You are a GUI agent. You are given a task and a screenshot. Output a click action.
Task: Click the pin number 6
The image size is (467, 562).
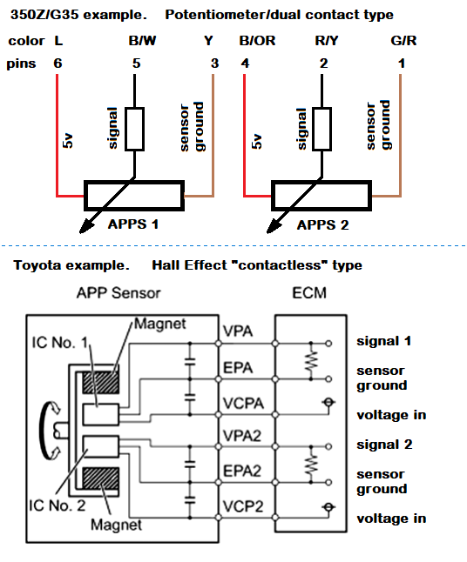pyautogui.click(x=58, y=64)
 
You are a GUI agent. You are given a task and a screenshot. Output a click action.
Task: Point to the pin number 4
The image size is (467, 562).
pyautogui.click(x=246, y=64)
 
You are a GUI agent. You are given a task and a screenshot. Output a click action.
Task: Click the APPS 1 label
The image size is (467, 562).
pyautogui.click(x=133, y=224)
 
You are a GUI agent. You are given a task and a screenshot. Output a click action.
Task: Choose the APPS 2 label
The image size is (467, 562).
pyautogui.click(x=321, y=224)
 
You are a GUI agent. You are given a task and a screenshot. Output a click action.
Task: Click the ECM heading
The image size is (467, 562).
pyautogui.click(x=309, y=293)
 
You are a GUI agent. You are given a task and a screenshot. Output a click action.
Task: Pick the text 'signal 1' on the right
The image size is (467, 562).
pyautogui.click(x=384, y=342)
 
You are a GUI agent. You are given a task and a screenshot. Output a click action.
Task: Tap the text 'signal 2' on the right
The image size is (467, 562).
pyautogui.click(x=384, y=445)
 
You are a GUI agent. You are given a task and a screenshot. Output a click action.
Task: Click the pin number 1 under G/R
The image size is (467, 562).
pyautogui.click(x=402, y=64)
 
